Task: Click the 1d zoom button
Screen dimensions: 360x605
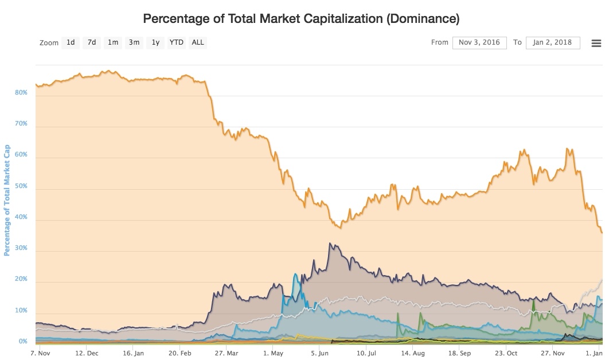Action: coord(71,42)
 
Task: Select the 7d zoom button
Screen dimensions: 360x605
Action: coord(92,42)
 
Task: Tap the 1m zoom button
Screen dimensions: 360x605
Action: coord(113,42)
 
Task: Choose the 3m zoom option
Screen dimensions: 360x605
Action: coord(134,42)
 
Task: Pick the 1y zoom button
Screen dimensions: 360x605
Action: coord(155,42)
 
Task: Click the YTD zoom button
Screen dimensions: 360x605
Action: coord(177,42)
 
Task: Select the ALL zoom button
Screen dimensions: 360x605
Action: coord(198,42)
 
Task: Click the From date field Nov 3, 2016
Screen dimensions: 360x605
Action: coord(479,42)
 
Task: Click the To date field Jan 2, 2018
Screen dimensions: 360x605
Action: coord(552,42)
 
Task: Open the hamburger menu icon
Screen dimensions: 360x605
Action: coord(596,43)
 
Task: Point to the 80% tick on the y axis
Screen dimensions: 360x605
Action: coord(21,92)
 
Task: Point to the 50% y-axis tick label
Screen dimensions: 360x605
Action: coord(21,186)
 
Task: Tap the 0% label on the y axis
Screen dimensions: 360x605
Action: coord(23,341)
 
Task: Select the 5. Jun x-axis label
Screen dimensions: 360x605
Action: coord(319,353)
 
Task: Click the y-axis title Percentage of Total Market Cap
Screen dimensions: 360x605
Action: coord(7,199)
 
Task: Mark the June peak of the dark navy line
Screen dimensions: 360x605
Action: coord(330,243)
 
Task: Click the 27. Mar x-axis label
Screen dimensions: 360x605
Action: coord(227,353)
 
